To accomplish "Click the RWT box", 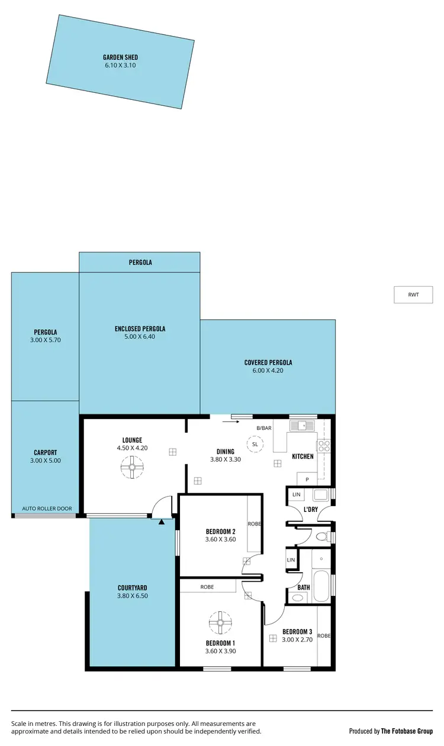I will [413, 294].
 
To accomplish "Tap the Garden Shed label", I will [120, 57].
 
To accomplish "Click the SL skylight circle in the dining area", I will [255, 444].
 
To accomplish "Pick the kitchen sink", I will [302, 425].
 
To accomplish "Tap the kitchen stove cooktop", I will [323, 446].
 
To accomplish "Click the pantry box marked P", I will [307, 479].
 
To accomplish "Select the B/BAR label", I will [263, 427].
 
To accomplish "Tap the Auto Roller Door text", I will [47, 508].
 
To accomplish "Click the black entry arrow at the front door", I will [162, 521].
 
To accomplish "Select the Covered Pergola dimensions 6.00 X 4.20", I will [268, 371].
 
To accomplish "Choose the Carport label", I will [45, 452].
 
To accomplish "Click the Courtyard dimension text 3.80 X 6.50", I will [132, 596].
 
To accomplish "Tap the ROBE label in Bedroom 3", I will [324, 635].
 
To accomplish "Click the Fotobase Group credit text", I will [407, 731].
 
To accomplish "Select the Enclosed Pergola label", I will [140, 329].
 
